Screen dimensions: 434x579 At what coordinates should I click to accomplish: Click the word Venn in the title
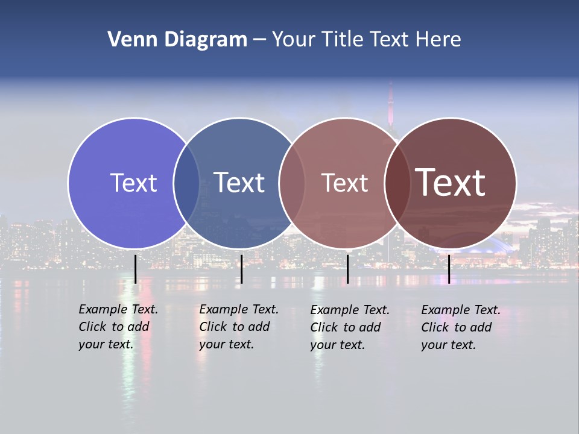point(130,40)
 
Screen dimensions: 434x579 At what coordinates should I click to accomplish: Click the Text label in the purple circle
point(133,183)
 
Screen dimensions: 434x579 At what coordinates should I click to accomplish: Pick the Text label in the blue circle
point(239,183)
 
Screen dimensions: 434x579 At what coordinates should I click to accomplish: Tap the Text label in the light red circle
point(344,183)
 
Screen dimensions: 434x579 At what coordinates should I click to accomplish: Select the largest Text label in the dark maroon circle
point(451,183)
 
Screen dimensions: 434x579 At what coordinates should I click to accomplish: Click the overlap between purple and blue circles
point(186,183)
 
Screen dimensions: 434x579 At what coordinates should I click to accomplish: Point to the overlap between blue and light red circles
point(292,183)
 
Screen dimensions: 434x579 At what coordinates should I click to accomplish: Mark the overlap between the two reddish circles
point(397,183)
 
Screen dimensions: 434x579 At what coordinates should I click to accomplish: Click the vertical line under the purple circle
point(135,269)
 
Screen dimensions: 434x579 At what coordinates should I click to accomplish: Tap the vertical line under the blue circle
point(241,269)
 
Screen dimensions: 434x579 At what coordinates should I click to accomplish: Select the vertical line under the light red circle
point(347,269)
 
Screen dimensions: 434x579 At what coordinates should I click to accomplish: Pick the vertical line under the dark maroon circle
point(449,269)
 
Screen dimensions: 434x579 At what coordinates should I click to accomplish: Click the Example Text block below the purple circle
point(118,327)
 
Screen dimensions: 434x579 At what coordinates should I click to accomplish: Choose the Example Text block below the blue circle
point(239,327)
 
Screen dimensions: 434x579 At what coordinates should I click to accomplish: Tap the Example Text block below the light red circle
point(350,327)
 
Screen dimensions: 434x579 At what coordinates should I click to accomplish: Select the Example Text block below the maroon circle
point(461,327)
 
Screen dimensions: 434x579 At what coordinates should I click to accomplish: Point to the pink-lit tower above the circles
point(390,99)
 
